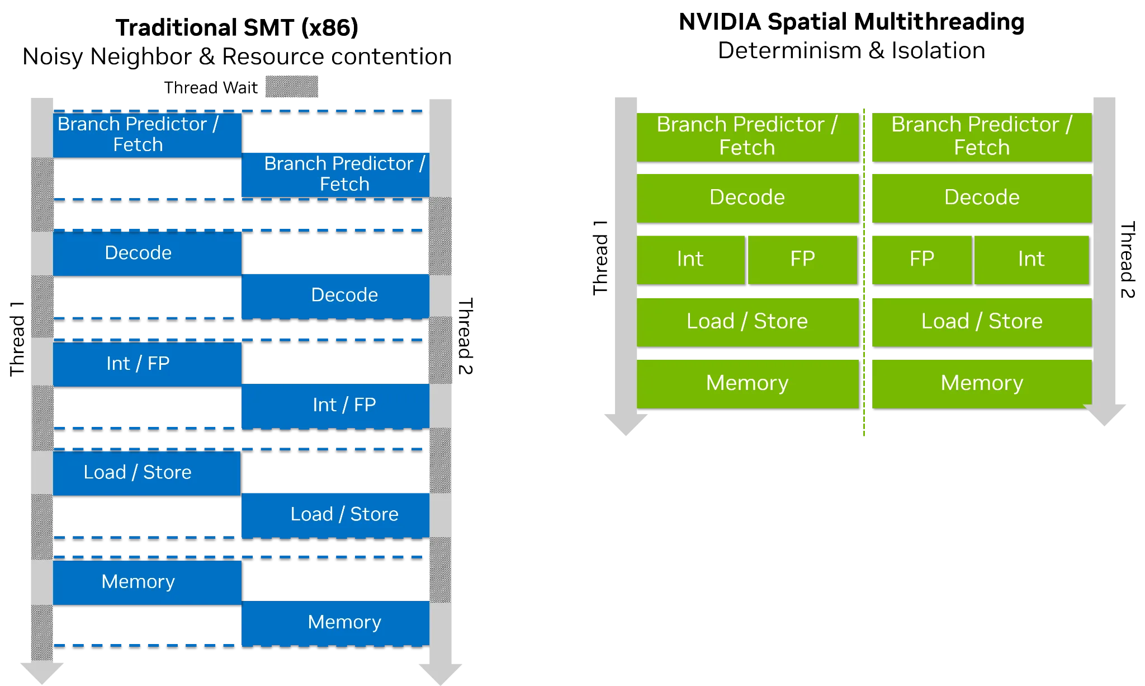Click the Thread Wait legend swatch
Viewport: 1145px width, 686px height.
point(291,87)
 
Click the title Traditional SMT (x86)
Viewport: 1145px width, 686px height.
point(237,27)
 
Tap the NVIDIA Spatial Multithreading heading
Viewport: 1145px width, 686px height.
point(851,22)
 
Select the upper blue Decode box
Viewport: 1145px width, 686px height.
point(147,253)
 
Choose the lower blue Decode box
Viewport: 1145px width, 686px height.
point(335,295)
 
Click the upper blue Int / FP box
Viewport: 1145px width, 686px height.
point(147,364)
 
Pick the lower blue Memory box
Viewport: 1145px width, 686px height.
point(335,623)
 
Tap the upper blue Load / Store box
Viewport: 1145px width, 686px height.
point(147,473)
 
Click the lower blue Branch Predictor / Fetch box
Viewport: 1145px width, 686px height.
point(335,175)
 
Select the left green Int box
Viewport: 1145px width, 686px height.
point(690,259)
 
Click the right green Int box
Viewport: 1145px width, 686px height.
point(1032,259)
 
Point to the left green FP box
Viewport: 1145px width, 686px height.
point(802,259)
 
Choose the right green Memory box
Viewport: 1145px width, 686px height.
point(982,383)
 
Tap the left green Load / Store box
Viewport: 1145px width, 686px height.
point(747,322)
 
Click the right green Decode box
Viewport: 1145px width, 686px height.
point(982,198)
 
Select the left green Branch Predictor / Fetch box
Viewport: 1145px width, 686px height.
point(747,137)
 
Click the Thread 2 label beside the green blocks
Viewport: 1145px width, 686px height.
point(1127,260)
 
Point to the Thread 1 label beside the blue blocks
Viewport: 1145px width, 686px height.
point(17,339)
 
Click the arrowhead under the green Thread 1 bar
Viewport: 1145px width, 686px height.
point(626,424)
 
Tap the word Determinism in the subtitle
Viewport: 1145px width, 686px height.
point(789,50)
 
